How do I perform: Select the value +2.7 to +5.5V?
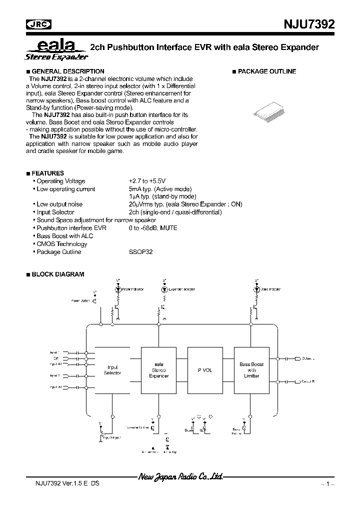(x=147, y=181)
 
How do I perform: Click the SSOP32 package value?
(x=140, y=252)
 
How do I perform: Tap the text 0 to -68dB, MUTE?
(x=153, y=228)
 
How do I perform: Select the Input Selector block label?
(x=112, y=370)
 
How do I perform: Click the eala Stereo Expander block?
(x=159, y=370)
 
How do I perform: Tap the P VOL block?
(x=205, y=370)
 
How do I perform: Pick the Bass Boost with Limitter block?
(x=251, y=370)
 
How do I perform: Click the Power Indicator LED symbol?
(x=118, y=289)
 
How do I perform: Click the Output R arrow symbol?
(x=297, y=381)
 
